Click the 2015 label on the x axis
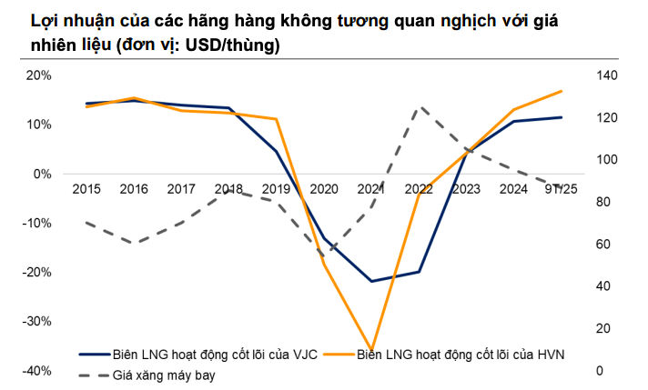tap(86, 189)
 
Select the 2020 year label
tap(324, 189)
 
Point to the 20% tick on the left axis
tap(39, 75)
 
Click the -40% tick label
tap(36, 371)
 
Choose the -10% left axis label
tap(36, 224)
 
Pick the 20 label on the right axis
tap(602, 329)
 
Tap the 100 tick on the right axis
tap(606, 160)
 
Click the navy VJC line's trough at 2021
tap(371, 281)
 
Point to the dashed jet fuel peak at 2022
tap(419, 107)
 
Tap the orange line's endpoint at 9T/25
tap(561, 91)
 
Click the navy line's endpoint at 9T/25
tap(561, 117)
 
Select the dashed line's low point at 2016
tap(134, 243)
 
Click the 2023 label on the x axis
tap(466, 189)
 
